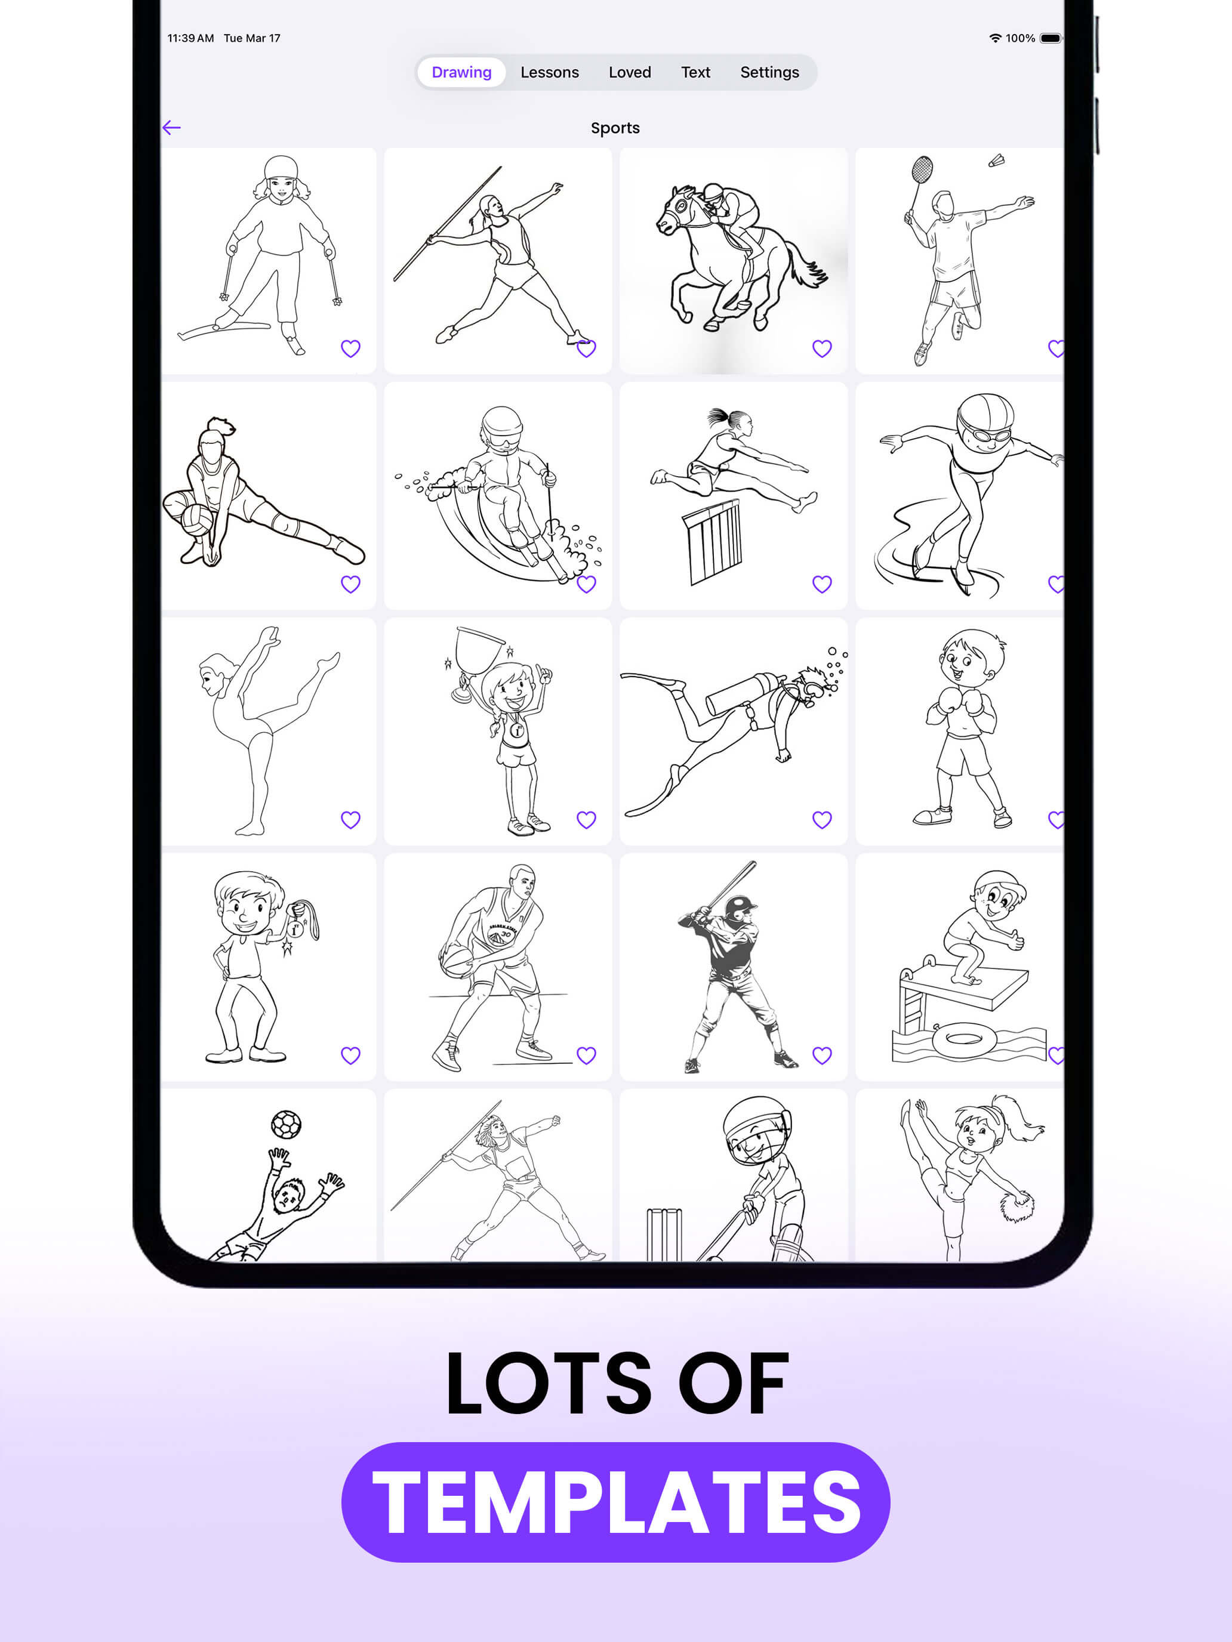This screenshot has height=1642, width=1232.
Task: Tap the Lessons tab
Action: tap(550, 72)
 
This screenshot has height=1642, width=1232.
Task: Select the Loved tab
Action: tap(630, 72)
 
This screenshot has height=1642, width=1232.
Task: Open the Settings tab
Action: tap(769, 72)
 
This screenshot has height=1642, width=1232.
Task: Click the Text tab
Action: tap(695, 72)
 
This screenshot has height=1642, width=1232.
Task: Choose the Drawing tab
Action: tap(461, 72)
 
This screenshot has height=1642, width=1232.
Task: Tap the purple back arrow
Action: tap(171, 128)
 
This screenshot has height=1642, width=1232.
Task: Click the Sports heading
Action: tap(615, 128)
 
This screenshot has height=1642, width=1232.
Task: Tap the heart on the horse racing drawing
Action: tap(821, 348)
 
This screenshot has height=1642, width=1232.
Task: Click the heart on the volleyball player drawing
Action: tap(350, 584)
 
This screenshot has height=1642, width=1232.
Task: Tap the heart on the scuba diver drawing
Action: tap(821, 820)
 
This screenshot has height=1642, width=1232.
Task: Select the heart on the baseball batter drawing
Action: tap(821, 1055)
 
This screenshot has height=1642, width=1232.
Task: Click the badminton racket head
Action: tap(922, 170)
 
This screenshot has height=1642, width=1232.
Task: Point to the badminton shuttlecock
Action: tap(997, 161)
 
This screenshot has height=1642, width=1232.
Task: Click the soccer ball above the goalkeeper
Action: tap(286, 1124)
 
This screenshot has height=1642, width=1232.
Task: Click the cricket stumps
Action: tap(664, 1234)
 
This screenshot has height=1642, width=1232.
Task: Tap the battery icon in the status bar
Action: tap(1050, 38)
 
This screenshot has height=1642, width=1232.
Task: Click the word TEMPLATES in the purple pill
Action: tap(615, 1502)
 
